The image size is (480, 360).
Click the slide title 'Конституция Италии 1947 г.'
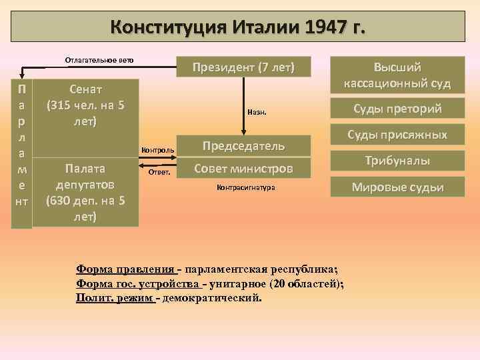point(238,27)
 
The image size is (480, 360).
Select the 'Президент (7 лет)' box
point(243,67)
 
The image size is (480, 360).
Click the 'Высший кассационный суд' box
point(397,75)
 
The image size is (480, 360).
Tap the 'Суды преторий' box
point(397,109)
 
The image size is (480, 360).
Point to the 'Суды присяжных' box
point(397,135)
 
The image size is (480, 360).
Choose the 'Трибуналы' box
point(397,161)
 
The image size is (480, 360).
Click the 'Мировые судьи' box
point(397,187)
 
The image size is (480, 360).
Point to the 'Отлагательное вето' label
point(99,60)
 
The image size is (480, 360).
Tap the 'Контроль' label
point(159,151)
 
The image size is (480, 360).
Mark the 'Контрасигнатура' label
point(245,188)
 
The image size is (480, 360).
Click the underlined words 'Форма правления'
point(125,269)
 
